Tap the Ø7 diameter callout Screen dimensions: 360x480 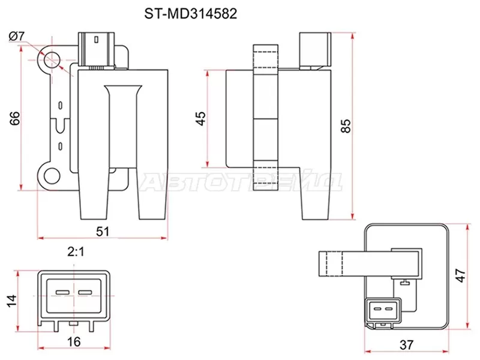click(17, 37)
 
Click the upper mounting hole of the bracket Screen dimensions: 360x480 click(50, 59)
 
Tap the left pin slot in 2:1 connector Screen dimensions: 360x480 click(62, 292)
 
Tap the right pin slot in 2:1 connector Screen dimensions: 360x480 click(85, 292)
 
